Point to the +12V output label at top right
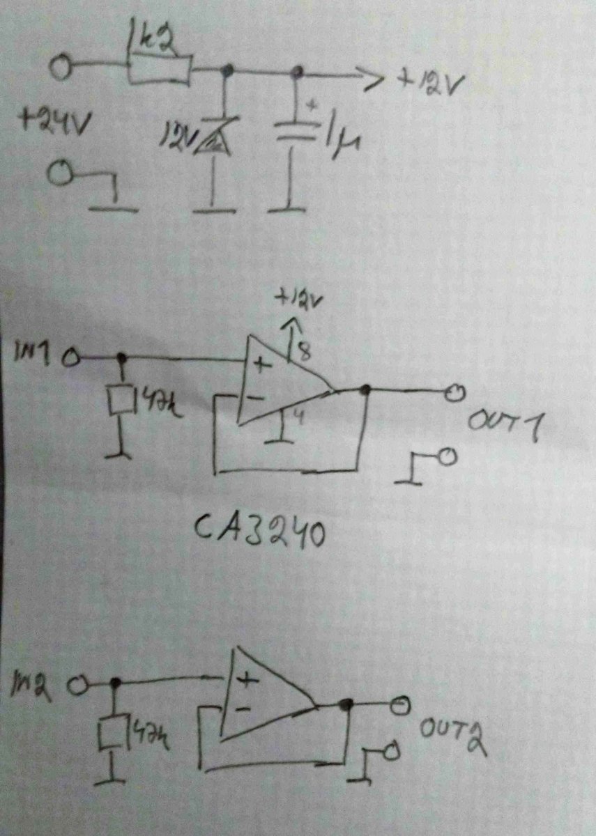[x=428, y=83]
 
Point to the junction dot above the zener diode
[x=227, y=70]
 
